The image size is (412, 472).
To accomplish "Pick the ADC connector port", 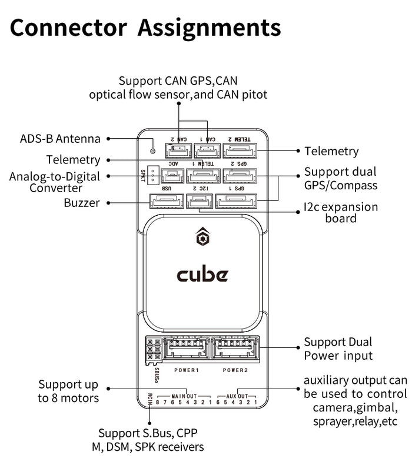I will coord(174,175).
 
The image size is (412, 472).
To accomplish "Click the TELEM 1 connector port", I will coord(202,175).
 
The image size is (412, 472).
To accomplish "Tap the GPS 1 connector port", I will coord(239,202).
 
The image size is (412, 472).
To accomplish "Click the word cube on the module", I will coord(202,275).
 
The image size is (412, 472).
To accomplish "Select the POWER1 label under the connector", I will coord(186,370).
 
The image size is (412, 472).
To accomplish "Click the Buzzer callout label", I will coord(82,203).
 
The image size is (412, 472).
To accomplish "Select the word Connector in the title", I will coord(68,27).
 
